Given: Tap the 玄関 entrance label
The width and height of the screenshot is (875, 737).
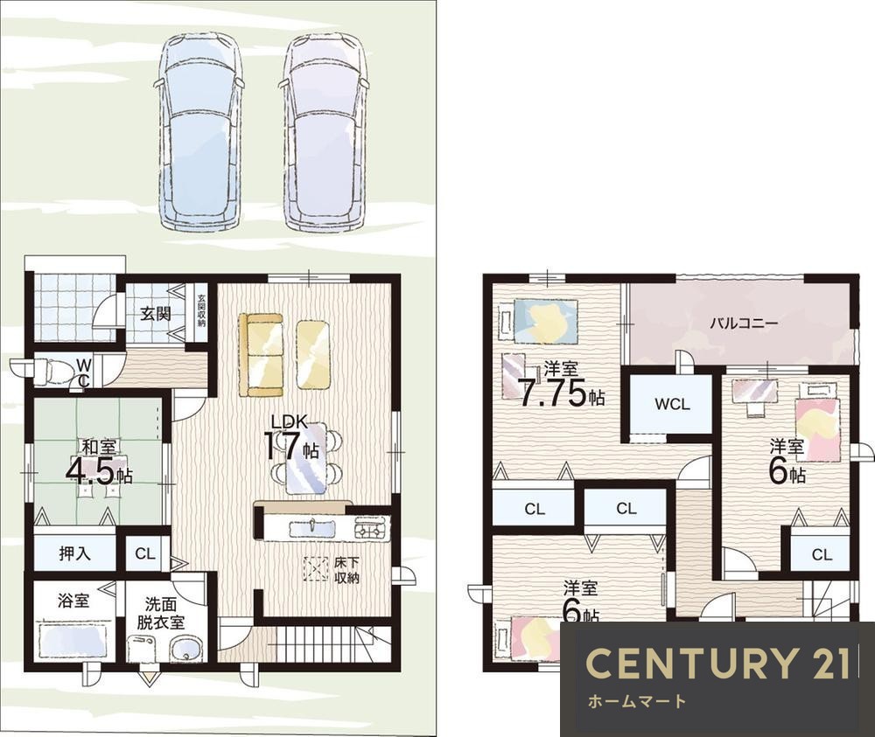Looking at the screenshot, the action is [155, 314].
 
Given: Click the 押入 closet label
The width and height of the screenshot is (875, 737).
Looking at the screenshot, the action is [74, 553].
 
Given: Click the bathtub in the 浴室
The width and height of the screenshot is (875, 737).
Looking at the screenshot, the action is [72, 641].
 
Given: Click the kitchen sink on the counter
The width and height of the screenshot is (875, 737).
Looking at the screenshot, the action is [311, 528].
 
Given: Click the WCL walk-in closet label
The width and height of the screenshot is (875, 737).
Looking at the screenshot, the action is [672, 404].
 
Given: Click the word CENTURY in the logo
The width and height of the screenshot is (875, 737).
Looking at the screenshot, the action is [690, 664].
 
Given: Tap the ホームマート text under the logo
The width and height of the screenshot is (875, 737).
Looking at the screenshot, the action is [637, 701].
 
